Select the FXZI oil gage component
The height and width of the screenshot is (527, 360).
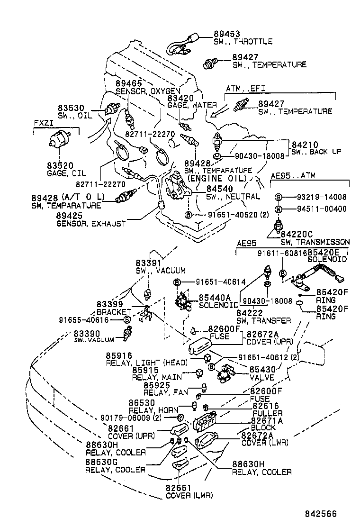click(x=60, y=140)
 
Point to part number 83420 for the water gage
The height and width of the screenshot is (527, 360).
click(x=180, y=98)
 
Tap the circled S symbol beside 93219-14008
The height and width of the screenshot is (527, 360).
click(x=279, y=197)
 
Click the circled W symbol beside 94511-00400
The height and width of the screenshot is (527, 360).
click(x=279, y=209)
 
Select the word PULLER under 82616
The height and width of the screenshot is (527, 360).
click(x=268, y=413)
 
